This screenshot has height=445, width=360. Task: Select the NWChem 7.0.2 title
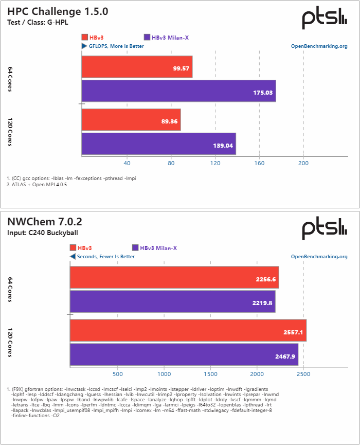[45, 222]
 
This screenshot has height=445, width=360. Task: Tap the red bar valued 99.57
[137, 67]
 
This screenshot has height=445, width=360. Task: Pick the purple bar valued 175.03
[178, 91]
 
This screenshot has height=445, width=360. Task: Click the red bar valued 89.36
[131, 119]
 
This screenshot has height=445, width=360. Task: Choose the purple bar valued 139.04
[158, 144]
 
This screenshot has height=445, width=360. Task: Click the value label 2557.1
[294, 332]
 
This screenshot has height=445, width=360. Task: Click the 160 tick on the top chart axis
[259, 164]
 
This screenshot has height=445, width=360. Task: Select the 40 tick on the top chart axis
[127, 164]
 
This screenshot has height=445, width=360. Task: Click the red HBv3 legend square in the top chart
[85, 37]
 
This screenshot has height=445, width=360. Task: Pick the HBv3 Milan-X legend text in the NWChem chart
[158, 248]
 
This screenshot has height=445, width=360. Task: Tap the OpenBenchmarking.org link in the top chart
[319, 46]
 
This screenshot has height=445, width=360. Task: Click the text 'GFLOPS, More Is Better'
[116, 46]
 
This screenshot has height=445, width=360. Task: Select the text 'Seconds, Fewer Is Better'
[105, 256]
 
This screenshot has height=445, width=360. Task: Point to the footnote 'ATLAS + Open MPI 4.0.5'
[39, 185]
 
